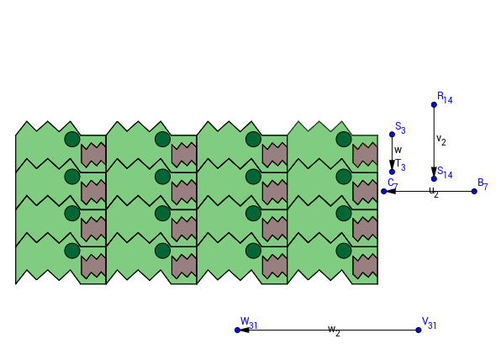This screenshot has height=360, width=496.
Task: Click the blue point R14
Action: pyautogui.click(x=434, y=105)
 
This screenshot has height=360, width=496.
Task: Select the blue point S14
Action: pyautogui.click(x=434, y=179)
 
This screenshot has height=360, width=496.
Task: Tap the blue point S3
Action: pyautogui.click(x=392, y=135)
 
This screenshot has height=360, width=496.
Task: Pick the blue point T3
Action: pyautogui.click(x=392, y=172)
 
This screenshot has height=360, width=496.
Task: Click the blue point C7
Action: pyautogui.click(x=383, y=191)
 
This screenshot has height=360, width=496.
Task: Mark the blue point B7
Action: pyautogui.click(x=474, y=191)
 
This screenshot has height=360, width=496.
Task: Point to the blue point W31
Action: pyautogui.click(x=238, y=331)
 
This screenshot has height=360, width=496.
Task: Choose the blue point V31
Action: pyautogui.click(x=419, y=331)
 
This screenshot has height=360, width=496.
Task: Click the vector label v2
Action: pyautogui.click(x=441, y=140)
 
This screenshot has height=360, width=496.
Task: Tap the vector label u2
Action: pyautogui.click(x=434, y=192)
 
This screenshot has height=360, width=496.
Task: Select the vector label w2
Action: pyautogui.click(x=334, y=331)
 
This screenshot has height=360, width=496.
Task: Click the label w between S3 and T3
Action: pyautogui.click(x=398, y=150)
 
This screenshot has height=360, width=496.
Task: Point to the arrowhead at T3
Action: pyautogui.click(x=392, y=165)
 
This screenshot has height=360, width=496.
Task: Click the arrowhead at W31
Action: pyautogui.click(x=244, y=331)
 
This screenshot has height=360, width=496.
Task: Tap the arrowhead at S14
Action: pyautogui.click(x=434, y=172)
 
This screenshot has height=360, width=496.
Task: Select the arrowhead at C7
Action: pyautogui.click(x=390, y=191)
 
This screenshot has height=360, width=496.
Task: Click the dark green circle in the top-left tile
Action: pyautogui.click(x=72, y=140)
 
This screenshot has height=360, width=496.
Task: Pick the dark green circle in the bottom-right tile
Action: pyautogui.click(x=344, y=251)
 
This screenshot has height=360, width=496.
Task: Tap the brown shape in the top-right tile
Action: pyautogui.click(x=365, y=155)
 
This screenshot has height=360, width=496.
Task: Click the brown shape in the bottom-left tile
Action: pyautogui.click(x=93, y=267)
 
